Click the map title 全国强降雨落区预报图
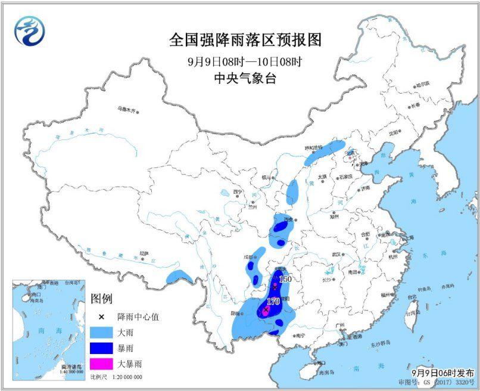(245, 40)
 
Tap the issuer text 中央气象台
(245, 79)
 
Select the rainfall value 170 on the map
(273, 301)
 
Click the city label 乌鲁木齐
(126, 110)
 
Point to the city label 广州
(341, 325)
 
